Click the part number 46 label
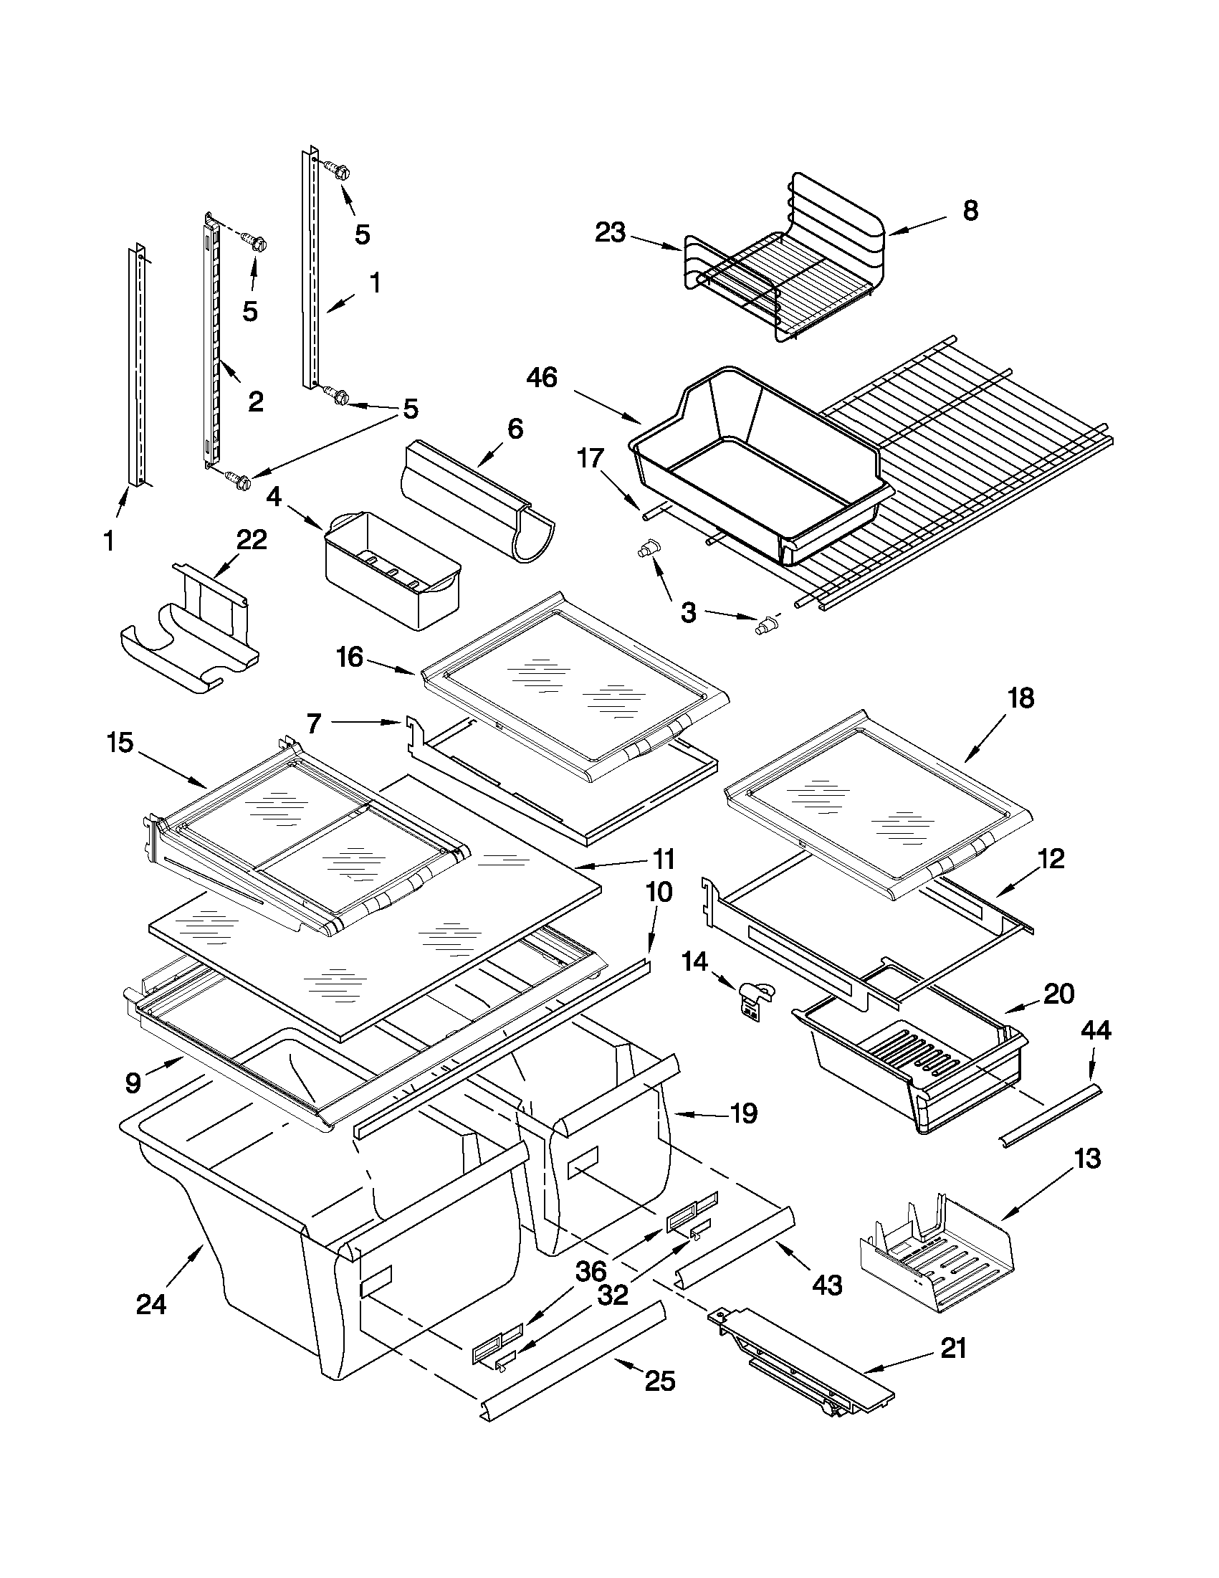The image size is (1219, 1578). tap(542, 377)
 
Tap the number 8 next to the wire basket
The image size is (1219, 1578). tap(970, 210)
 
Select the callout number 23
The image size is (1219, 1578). tap(611, 233)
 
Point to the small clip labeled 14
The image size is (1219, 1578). tap(755, 1000)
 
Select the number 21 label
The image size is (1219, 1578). tap(953, 1349)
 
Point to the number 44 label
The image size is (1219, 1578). tap(1095, 1030)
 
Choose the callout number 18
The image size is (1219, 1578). tap(1020, 698)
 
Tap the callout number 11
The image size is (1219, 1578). tap(662, 859)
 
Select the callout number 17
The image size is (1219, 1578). tap(590, 457)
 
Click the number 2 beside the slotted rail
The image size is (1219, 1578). tap(255, 401)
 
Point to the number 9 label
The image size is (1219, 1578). tap(133, 1082)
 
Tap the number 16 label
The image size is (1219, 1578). tap(350, 657)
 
